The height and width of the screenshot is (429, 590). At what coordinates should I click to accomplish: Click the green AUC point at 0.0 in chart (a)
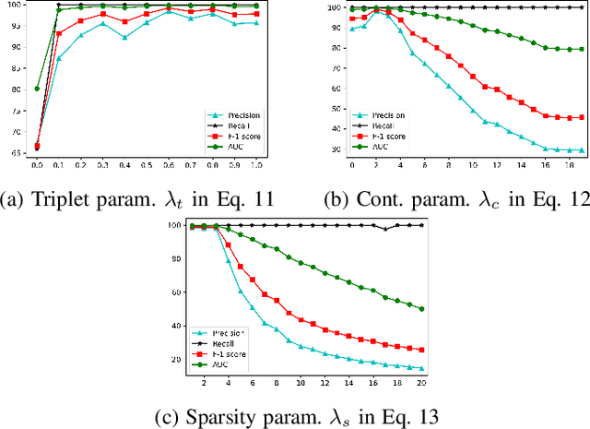(x=37, y=89)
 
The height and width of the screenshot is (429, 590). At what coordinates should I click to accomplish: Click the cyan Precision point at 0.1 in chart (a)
(x=59, y=58)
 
